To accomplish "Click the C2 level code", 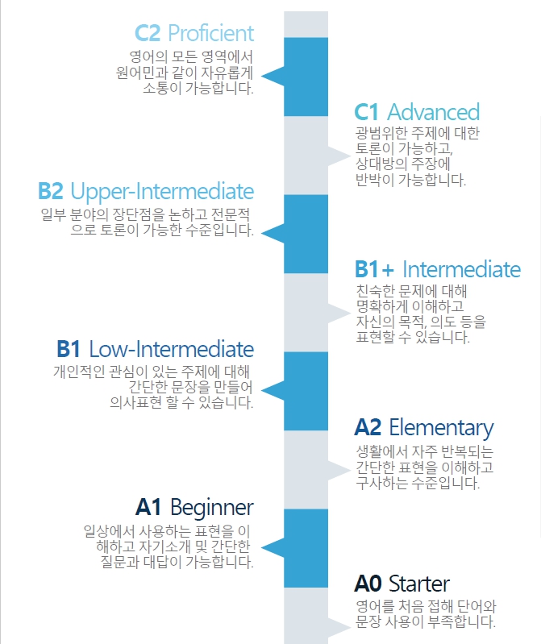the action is click(148, 33).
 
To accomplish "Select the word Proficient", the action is click(211, 33).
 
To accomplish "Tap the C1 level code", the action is click(366, 112).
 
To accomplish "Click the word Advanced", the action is click(434, 112).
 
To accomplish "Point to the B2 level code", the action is click(51, 191).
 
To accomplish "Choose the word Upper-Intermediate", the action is click(162, 192).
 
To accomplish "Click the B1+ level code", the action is click(374, 269).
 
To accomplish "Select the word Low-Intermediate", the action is click(171, 349).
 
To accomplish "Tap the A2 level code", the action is click(368, 427).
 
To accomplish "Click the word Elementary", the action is click(441, 428).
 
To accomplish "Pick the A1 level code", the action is click(148, 507).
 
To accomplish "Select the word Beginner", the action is click(212, 508).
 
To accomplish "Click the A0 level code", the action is click(368, 584).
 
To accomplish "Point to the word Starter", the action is click(419, 584).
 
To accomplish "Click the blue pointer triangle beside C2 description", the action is click(273, 76).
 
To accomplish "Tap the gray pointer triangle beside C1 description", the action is click(339, 156).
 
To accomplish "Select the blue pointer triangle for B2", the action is click(273, 233).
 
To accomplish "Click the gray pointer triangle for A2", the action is click(339, 470).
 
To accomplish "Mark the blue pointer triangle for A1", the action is click(273, 547).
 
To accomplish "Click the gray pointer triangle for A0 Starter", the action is click(339, 627).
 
